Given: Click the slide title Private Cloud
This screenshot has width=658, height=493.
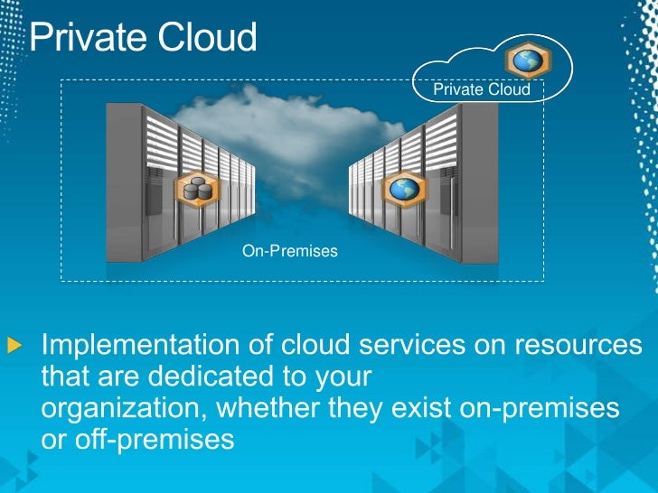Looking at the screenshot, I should (x=143, y=38).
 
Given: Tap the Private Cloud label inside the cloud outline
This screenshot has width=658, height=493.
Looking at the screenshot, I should (x=481, y=89).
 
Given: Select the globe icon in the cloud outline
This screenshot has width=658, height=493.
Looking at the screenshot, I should (x=524, y=60).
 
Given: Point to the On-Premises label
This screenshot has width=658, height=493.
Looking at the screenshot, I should (x=289, y=251).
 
